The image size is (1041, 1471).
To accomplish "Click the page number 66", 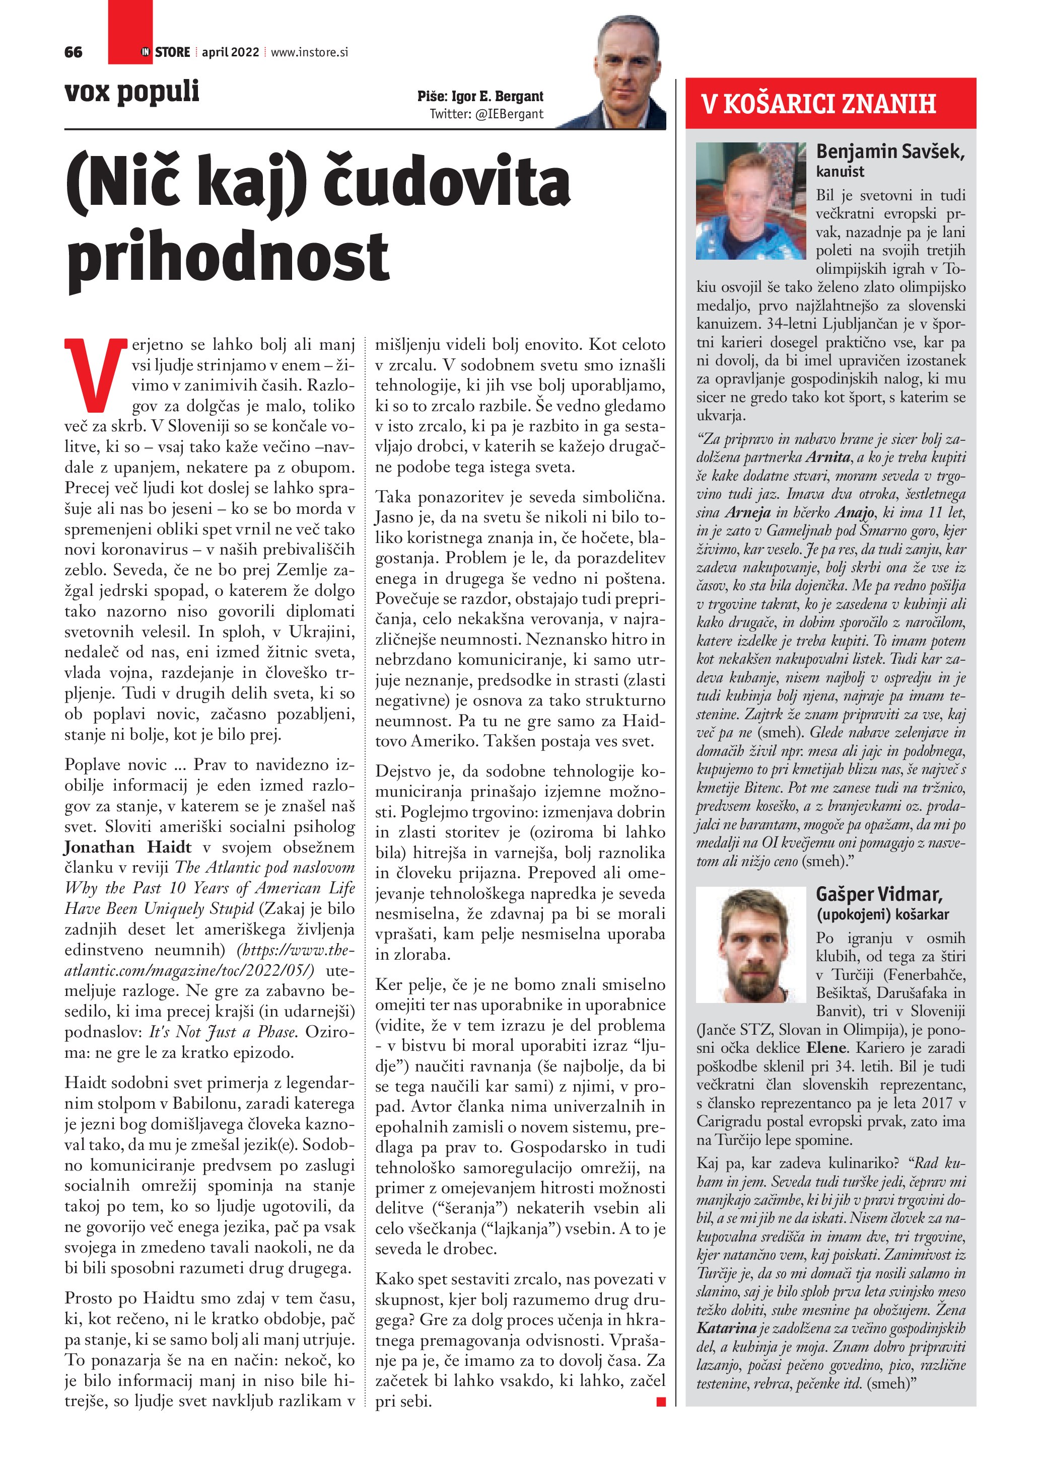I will [73, 52].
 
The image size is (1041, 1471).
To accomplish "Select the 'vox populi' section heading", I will [131, 91].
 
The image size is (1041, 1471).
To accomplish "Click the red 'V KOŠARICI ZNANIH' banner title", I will [818, 104].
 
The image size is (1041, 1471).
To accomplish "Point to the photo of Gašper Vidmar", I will [750, 945].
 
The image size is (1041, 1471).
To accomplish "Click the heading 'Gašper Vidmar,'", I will [879, 894].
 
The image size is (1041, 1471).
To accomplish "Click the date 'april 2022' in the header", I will [230, 52].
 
